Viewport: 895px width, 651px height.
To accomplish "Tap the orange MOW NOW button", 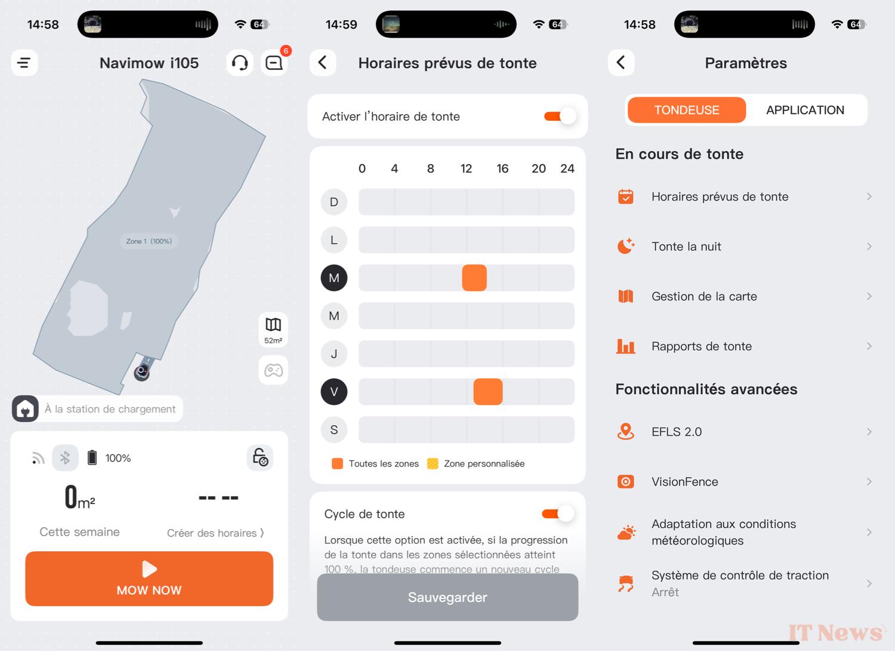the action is (x=149, y=578).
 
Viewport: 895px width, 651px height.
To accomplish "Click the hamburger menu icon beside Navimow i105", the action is (x=24, y=63).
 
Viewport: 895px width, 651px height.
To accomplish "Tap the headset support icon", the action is (x=240, y=63).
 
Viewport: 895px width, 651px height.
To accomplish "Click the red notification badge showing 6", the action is (x=286, y=51).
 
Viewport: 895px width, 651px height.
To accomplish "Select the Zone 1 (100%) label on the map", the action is (x=149, y=241).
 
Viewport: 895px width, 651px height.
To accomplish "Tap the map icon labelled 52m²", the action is (x=273, y=330).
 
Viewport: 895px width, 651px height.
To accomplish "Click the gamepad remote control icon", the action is (x=273, y=370).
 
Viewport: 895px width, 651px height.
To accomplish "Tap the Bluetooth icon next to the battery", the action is (x=65, y=457).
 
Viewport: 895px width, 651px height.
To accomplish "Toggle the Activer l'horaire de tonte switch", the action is (x=560, y=116).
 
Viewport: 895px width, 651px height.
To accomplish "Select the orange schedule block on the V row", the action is (x=488, y=391).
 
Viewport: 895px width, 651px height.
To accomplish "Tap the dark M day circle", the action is (x=334, y=278).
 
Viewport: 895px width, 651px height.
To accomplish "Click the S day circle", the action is (x=334, y=430).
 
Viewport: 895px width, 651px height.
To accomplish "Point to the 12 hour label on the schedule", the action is (x=466, y=168).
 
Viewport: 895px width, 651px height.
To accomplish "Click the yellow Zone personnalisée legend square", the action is (x=433, y=463).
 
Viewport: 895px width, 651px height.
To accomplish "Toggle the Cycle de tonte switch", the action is (x=558, y=514).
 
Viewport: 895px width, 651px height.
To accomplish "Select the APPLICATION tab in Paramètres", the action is (x=805, y=110).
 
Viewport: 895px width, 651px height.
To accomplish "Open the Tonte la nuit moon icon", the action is (x=626, y=246).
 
